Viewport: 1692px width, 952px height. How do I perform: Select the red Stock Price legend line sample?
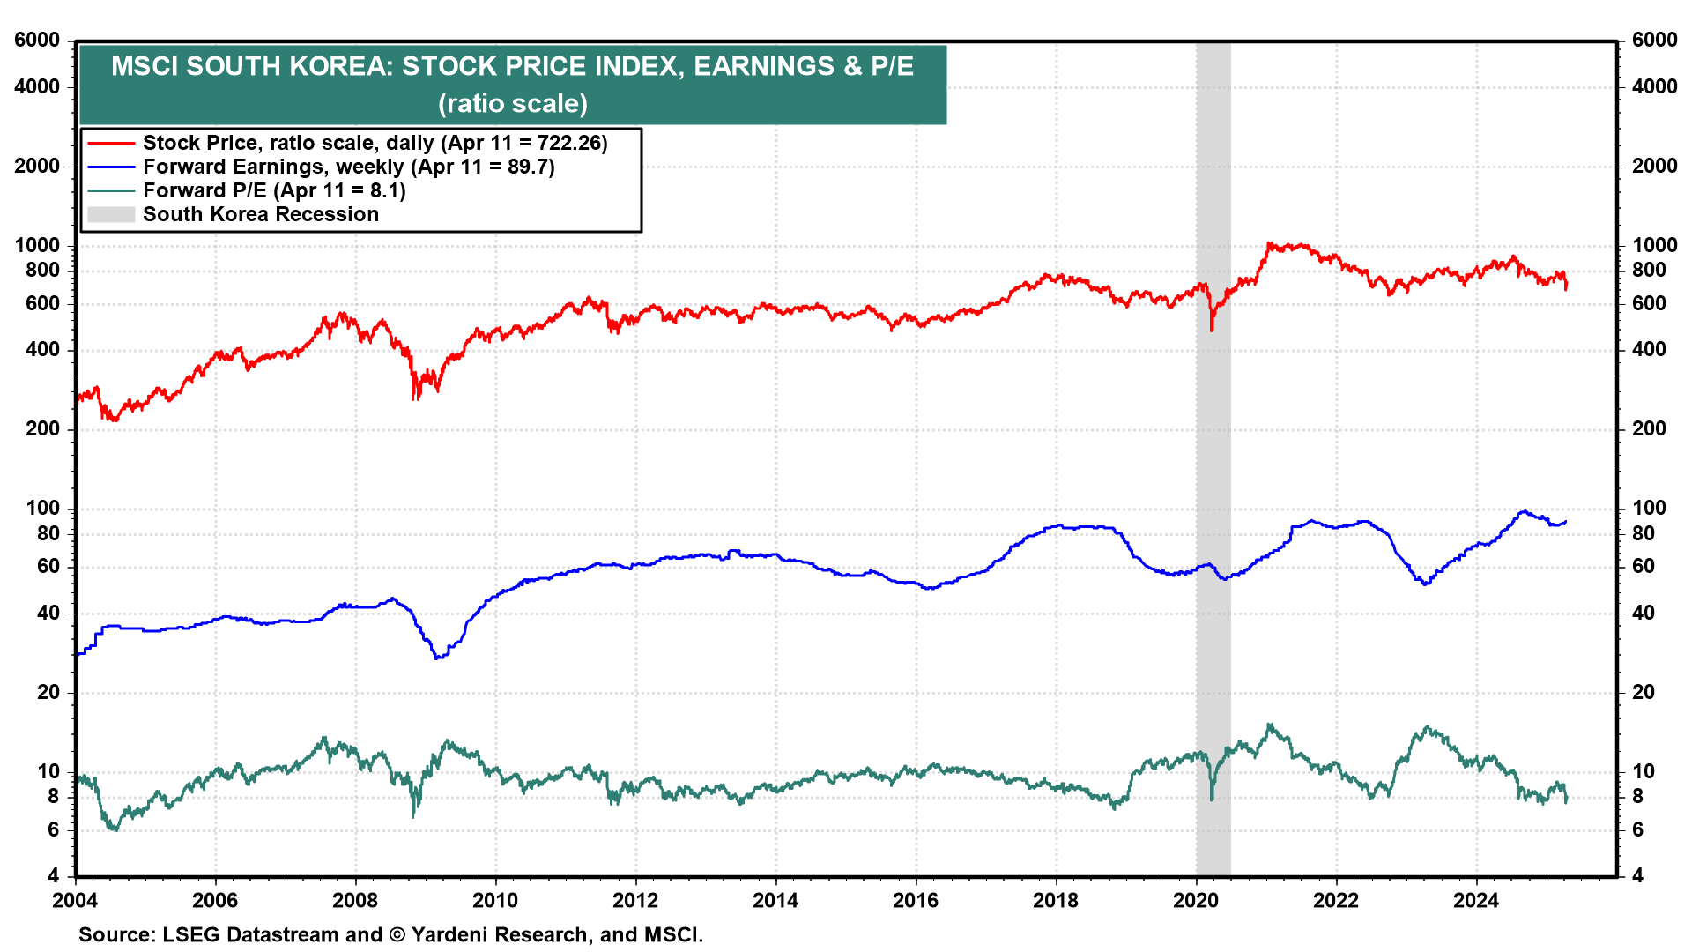tap(111, 143)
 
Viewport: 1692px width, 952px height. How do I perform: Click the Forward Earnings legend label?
tap(349, 167)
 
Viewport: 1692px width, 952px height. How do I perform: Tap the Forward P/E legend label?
tap(274, 190)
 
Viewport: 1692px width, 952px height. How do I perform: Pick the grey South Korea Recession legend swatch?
tap(111, 214)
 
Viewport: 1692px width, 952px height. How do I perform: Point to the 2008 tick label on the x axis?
tap(355, 900)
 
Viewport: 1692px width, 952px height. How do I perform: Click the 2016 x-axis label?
tap(916, 900)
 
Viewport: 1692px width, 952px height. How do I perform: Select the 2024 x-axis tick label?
tap(1476, 900)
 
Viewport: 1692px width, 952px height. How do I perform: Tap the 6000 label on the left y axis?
tap(38, 41)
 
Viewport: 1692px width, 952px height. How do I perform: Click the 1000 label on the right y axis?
tap(1654, 246)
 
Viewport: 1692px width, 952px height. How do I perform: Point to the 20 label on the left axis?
tap(48, 693)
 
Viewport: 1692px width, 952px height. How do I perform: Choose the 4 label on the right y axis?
tap(1637, 875)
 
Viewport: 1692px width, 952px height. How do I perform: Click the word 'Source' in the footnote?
tap(115, 935)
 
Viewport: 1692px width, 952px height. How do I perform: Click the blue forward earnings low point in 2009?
tap(437, 658)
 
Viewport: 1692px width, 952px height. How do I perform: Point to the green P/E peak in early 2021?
tap(1269, 725)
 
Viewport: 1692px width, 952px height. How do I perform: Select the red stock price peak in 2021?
tap(1268, 243)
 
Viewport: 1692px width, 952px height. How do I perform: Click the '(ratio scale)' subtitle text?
tap(513, 103)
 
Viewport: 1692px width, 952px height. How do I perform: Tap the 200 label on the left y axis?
tap(43, 429)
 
